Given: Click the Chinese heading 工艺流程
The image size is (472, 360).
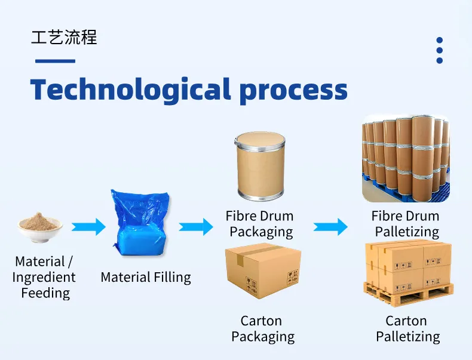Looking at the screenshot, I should click(64, 37).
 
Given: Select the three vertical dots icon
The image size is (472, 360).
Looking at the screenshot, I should click(440, 50).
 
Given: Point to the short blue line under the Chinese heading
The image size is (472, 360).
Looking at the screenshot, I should click(55, 61).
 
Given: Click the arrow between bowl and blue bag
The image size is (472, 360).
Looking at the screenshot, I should click(88, 227).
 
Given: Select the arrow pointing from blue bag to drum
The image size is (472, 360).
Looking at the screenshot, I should click(196, 227).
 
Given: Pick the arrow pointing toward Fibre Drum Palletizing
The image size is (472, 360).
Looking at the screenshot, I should click(330, 227).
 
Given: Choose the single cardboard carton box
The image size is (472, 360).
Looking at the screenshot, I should click(262, 273).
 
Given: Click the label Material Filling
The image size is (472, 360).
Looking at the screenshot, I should click(146, 278).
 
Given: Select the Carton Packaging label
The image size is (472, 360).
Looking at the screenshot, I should click(262, 329).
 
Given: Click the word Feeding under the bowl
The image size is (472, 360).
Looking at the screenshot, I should click(45, 293).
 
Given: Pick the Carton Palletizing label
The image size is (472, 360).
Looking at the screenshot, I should click(407, 329).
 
